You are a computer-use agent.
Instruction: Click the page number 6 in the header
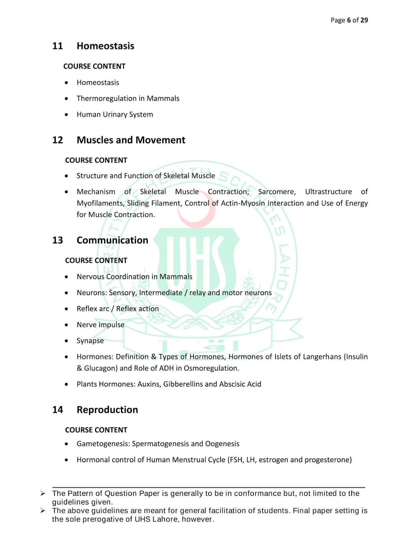[349, 20]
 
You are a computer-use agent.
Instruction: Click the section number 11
[58, 46]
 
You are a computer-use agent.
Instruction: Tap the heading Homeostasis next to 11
[106, 46]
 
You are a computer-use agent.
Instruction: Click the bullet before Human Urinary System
[66, 115]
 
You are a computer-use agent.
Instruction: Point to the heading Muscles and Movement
[131, 140]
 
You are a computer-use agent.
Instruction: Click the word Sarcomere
[277, 192]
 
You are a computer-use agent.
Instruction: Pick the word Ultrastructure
[328, 192]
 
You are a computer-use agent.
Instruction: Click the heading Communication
[112, 240]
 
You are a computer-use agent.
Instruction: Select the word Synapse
[90, 341]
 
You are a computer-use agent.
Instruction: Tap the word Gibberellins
[183, 384]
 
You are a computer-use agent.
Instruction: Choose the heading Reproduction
[107, 410]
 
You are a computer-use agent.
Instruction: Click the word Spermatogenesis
[160, 444]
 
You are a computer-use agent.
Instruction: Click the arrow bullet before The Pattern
[43, 494]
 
